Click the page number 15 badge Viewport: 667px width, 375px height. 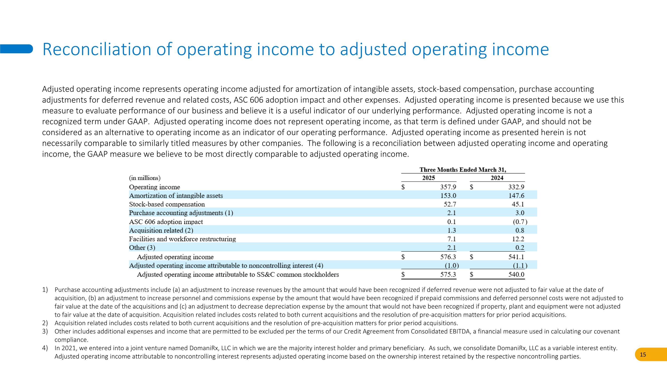pos(643,355)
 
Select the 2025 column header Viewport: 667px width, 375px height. pos(428,178)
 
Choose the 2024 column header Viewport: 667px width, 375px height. pos(497,178)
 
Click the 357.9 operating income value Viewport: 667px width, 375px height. pos(448,187)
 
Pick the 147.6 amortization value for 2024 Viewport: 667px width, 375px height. pos(516,196)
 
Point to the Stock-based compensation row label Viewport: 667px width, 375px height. pos(167,204)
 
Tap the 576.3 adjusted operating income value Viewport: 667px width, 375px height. pos(448,257)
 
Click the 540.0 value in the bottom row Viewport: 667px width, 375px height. pos(516,275)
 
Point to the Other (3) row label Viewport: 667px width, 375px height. pos(142,248)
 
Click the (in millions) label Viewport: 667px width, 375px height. pos(145,178)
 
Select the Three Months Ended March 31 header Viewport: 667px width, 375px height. pos(463,170)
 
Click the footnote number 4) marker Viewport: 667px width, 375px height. pos(45,348)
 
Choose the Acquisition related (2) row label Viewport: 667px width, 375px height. pos(161,230)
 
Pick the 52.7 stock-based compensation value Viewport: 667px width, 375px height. pos(450,204)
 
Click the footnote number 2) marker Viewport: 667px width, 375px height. pos(45,323)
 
